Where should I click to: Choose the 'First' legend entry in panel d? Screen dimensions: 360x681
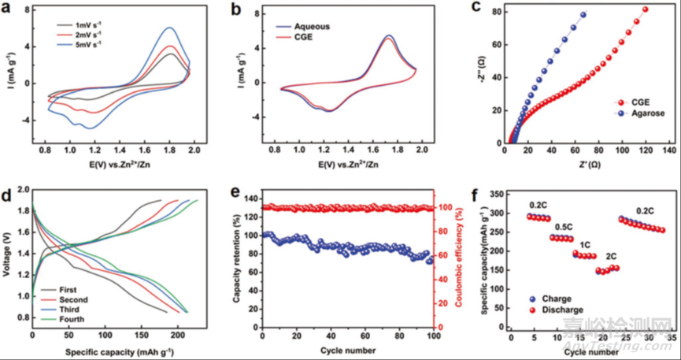pos(68,289)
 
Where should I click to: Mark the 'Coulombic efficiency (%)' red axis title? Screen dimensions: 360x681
pos(452,256)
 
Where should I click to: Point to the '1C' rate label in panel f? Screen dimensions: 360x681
pos(586,244)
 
